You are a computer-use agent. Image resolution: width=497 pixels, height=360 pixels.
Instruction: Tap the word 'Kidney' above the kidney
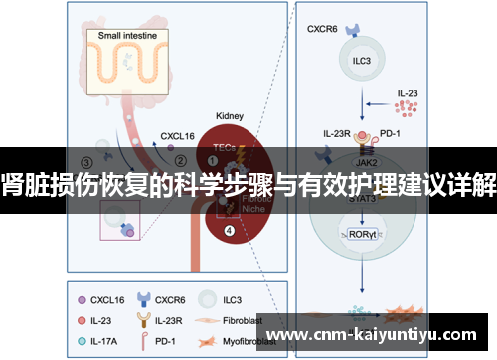231,116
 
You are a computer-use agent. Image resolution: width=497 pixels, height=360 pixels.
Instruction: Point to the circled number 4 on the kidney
230,232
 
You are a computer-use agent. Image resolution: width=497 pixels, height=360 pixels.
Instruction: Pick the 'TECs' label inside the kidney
225,146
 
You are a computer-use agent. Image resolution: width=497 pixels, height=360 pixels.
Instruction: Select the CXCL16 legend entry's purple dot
82,297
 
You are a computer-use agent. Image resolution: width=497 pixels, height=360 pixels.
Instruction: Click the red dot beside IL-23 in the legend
82,319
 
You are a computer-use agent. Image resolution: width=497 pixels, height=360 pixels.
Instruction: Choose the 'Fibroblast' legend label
251,319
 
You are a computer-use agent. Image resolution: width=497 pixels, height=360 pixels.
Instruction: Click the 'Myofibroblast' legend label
258,341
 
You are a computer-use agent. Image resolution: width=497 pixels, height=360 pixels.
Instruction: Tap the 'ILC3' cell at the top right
362,59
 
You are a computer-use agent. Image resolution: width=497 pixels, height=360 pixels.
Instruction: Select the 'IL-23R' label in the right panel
339,131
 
